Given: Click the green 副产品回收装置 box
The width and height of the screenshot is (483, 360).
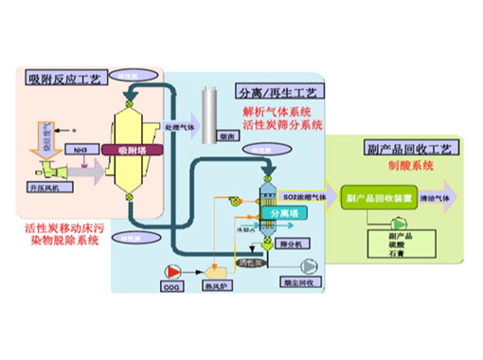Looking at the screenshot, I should coord(377,196).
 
